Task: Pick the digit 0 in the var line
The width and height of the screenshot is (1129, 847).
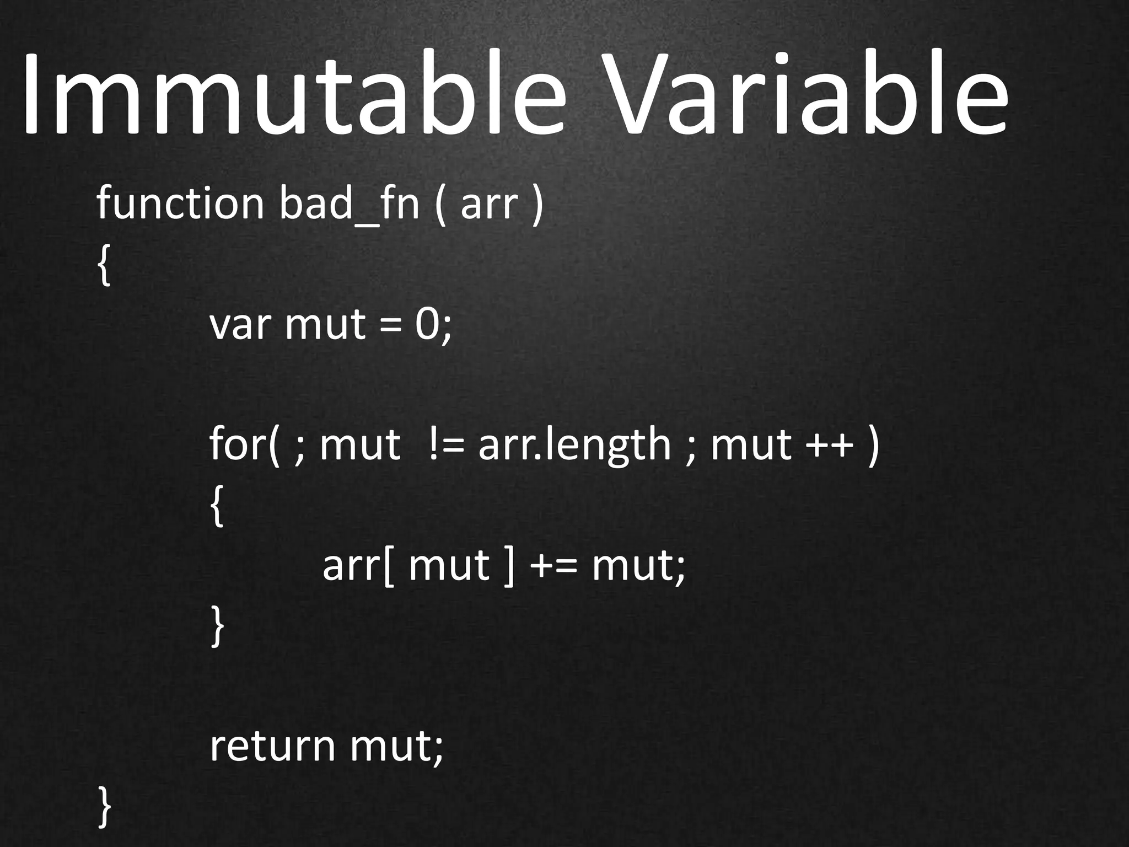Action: pyautogui.click(x=428, y=325)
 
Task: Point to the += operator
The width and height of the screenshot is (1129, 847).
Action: pyautogui.click(x=553, y=566)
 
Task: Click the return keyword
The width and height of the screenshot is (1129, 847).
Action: pyautogui.click(x=272, y=747)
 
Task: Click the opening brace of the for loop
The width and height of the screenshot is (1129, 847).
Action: pyautogui.click(x=217, y=507)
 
